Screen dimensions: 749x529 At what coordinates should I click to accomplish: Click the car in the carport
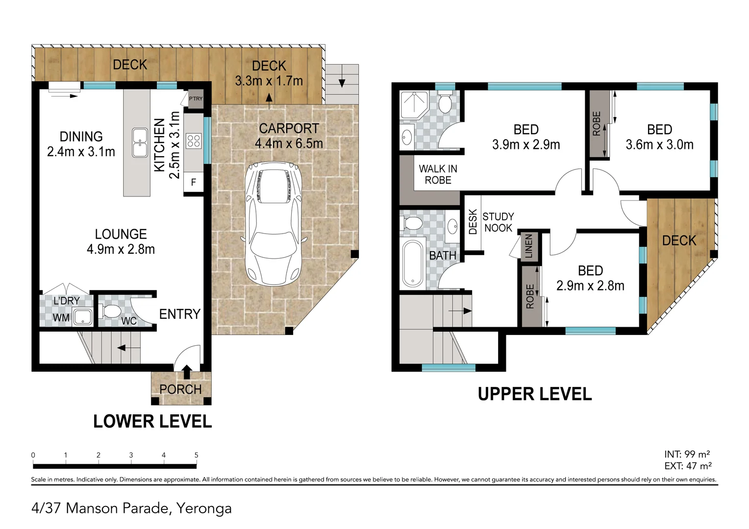[274, 224]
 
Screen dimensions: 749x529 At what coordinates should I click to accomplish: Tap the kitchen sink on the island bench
[140, 143]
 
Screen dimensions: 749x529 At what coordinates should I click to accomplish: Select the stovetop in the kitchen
[194, 141]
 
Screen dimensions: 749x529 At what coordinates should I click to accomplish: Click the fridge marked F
[193, 182]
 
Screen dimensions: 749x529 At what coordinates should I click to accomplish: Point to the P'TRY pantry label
[196, 98]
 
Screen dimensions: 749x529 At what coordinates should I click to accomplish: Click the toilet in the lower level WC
[110, 311]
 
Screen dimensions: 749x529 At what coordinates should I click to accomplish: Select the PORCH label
[180, 389]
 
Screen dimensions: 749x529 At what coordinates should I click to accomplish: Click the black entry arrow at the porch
[187, 372]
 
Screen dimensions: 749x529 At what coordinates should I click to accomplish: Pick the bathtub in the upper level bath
[413, 264]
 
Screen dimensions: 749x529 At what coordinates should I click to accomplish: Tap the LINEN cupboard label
[528, 246]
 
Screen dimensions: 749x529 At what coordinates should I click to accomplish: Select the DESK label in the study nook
[473, 222]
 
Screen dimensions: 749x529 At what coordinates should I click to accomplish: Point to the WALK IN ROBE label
[438, 174]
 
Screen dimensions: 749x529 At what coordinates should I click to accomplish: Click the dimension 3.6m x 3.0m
[659, 144]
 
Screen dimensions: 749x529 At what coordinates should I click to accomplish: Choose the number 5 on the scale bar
[196, 455]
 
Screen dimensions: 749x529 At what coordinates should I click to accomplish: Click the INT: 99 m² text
[687, 454]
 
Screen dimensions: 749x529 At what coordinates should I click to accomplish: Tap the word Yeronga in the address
[204, 508]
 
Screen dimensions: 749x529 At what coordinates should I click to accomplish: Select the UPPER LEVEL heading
[535, 394]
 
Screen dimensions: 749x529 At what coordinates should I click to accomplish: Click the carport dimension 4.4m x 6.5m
[289, 144]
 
